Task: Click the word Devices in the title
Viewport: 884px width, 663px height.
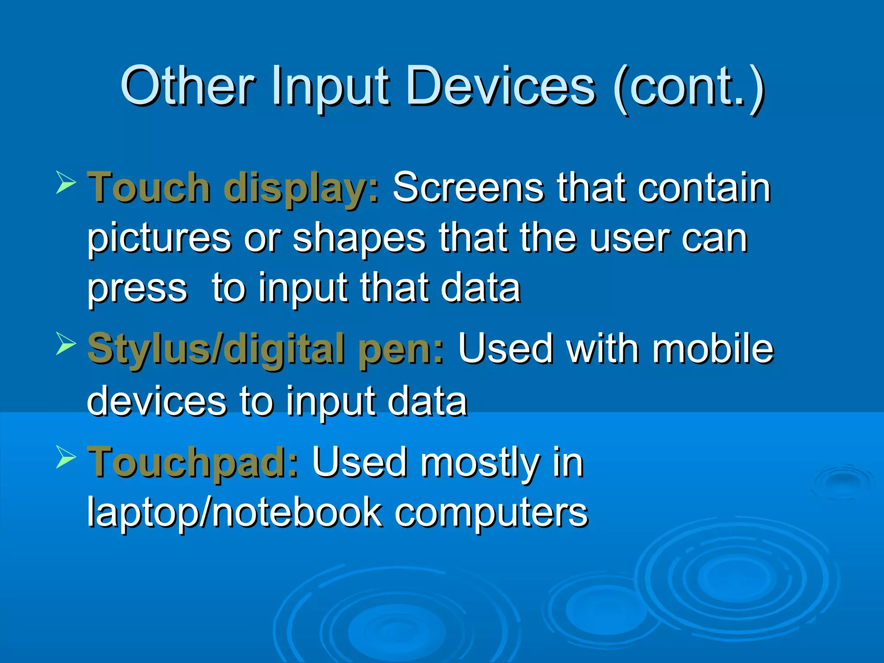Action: (x=501, y=86)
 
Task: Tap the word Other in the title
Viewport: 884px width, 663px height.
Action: (x=188, y=86)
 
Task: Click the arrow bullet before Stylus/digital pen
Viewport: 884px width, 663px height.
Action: (x=66, y=344)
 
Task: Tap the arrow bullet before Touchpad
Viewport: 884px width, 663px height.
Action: (x=66, y=457)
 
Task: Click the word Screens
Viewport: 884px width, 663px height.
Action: (x=468, y=188)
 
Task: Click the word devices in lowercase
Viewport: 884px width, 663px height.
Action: (x=157, y=401)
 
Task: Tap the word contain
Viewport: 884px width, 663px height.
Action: (x=704, y=188)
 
